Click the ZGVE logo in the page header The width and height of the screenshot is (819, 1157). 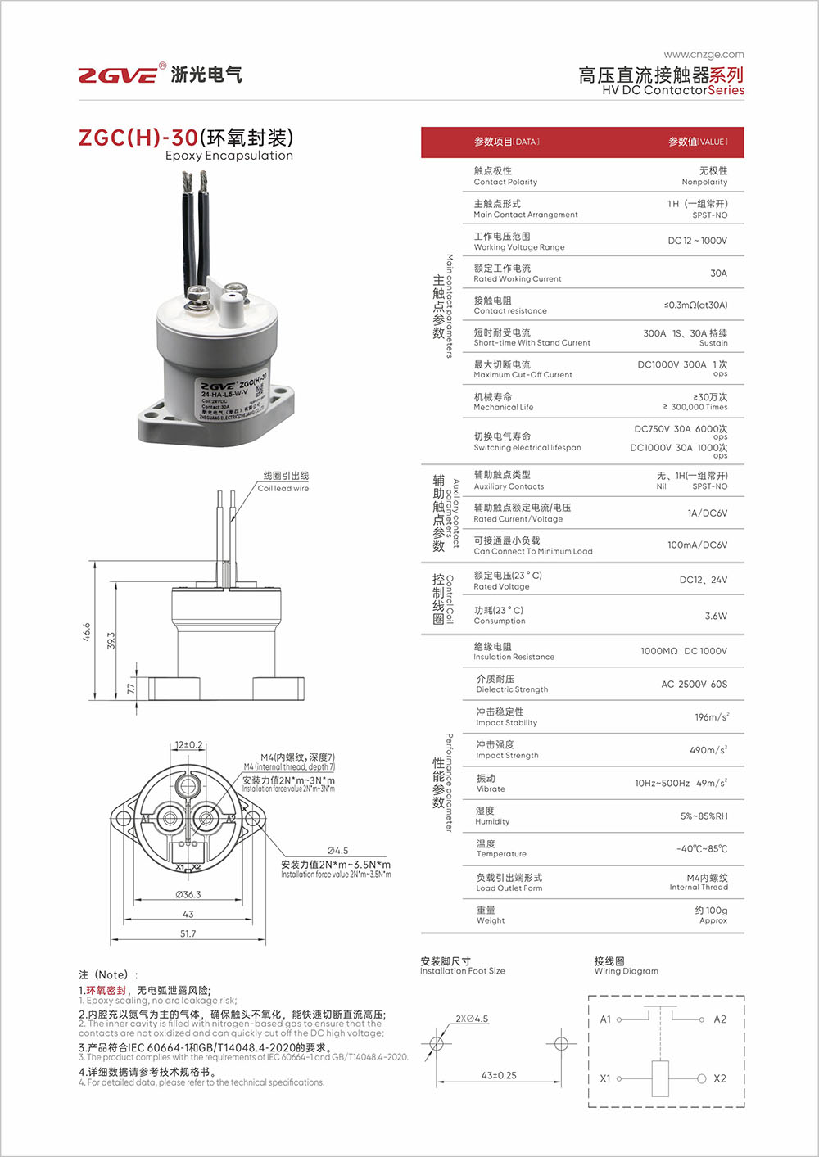coord(118,75)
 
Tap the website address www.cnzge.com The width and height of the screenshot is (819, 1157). coord(704,55)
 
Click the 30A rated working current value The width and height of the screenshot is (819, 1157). coord(717,273)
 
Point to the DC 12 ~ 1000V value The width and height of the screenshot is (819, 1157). coord(697,241)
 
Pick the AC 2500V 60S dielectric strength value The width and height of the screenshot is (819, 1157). coord(694,684)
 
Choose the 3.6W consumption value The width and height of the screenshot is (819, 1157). coord(715,616)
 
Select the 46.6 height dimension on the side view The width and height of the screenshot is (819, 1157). coord(87,631)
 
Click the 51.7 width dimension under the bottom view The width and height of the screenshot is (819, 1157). coord(188,933)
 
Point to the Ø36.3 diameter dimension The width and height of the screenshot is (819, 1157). coord(188,894)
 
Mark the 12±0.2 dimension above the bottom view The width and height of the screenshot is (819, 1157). coord(188,745)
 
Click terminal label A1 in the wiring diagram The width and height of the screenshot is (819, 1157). coord(605,1019)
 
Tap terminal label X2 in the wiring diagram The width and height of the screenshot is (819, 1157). coord(719,1078)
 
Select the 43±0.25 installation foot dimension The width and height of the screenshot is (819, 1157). coord(499,1075)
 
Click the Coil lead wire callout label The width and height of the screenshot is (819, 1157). coord(283,482)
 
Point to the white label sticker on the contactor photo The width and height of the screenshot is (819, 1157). coord(234,399)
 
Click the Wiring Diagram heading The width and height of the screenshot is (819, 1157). coord(626,966)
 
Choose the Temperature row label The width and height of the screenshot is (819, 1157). coord(501,848)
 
